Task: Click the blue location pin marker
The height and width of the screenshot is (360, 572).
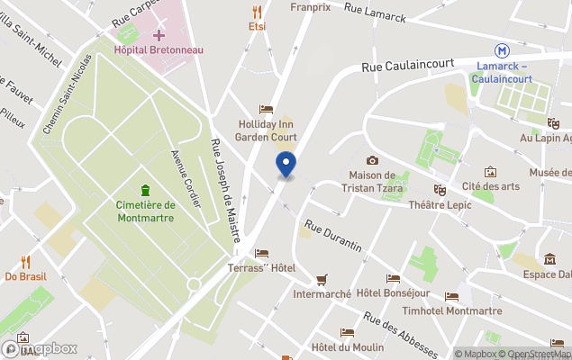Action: [286, 165]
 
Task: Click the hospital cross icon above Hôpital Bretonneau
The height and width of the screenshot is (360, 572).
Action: [159, 35]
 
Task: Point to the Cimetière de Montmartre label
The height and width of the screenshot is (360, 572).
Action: [145, 211]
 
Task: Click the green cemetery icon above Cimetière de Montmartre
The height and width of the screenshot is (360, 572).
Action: [145, 190]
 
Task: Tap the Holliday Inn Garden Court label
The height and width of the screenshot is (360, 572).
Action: [266, 130]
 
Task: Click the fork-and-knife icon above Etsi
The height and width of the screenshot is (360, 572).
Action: [258, 12]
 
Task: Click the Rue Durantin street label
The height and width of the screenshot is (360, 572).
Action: [332, 237]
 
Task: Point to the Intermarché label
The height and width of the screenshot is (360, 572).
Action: [322, 293]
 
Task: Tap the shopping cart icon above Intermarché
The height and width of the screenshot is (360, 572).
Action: [322, 279]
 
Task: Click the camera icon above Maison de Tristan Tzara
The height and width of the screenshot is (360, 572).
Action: [372, 160]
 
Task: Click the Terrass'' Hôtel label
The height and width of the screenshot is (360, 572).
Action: [261, 269]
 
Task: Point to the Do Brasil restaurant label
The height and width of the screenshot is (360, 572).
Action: [26, 276]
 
